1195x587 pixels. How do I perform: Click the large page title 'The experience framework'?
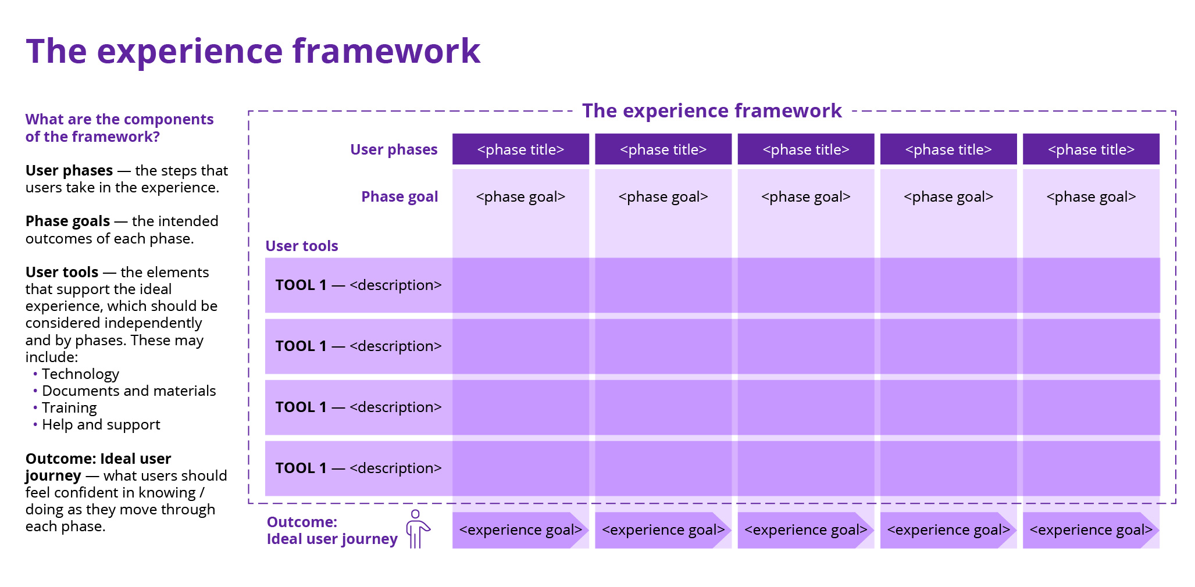pos(253,51)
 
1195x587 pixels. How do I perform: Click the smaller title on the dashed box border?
pos(712,110)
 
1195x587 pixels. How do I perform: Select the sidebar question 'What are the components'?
pos(119,119)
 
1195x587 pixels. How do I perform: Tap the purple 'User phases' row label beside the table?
pos(394,149)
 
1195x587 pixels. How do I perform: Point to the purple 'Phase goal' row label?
pos(399,196)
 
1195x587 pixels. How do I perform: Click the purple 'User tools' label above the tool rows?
pos(302,246)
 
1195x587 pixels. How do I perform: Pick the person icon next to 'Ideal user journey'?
pos(418,529)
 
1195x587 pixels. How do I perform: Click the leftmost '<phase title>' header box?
pos(520,149)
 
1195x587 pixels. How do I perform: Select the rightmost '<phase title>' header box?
pos(1091,149)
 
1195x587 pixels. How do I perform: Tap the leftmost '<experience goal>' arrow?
pos(520,530)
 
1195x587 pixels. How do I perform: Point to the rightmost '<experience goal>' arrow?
pos(1091,530)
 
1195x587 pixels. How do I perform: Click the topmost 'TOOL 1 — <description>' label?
pos(358,285)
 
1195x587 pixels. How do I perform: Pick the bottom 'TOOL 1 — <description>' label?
pos(358,468)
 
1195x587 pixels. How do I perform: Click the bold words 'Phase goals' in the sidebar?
pos(67,221)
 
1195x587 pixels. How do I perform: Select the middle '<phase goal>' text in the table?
pos(805,196)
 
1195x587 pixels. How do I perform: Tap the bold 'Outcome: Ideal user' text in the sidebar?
pos(98,459)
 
